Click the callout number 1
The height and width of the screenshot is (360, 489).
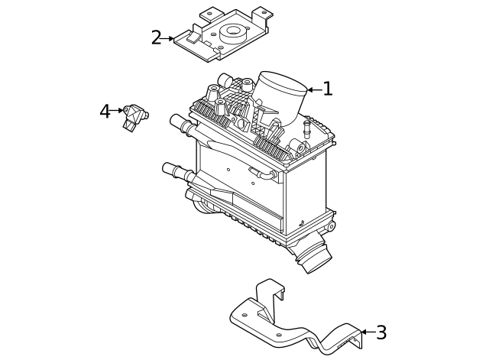[x=328, y=89]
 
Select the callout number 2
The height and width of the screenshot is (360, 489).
[x=156, y=37]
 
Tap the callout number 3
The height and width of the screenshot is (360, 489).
[x=381, y=332]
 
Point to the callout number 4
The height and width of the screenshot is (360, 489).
[x=105, y=112]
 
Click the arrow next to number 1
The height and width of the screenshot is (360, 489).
[x=313, y=89]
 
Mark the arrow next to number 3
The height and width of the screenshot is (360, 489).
[x=366, y=332]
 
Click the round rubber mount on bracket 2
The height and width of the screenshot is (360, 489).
[x=231, y=34]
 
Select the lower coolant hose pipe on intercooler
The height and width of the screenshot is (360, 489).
[x=176, y=170]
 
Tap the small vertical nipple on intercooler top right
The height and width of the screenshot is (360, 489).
[x=307, y=126]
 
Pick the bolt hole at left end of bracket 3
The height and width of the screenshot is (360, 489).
[x=244, y=314]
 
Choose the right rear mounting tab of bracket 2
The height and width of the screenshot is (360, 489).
[x=261, y=13]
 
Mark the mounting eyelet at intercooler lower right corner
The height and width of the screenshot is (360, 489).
[x=330, y=226]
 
